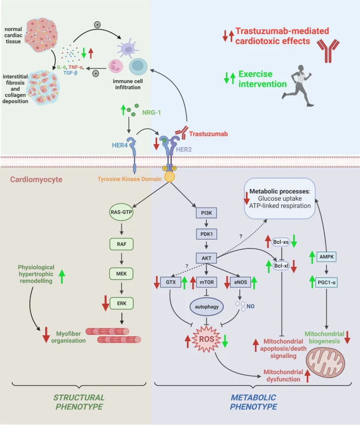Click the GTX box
coord(170,282)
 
